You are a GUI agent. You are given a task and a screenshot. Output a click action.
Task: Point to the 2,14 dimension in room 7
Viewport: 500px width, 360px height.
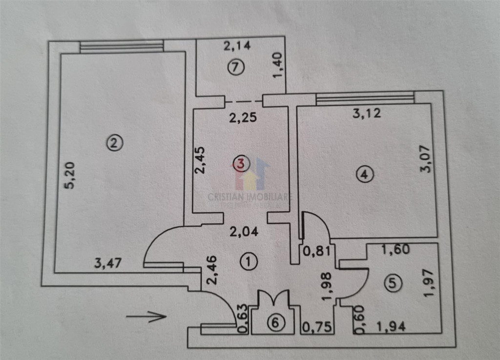coord(237,47)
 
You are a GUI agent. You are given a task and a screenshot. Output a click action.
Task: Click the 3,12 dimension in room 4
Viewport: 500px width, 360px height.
coord(366,114)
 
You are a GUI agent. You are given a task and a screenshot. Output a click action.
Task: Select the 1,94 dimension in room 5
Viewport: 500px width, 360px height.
coord(391,327)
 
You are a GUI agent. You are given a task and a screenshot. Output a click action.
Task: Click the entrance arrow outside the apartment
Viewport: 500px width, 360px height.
coord(146,317)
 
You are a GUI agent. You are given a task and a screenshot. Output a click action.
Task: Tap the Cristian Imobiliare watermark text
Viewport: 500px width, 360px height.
coord(250,197)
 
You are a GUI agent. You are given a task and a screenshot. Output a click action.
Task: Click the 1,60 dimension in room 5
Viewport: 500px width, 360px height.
coord(395,250)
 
